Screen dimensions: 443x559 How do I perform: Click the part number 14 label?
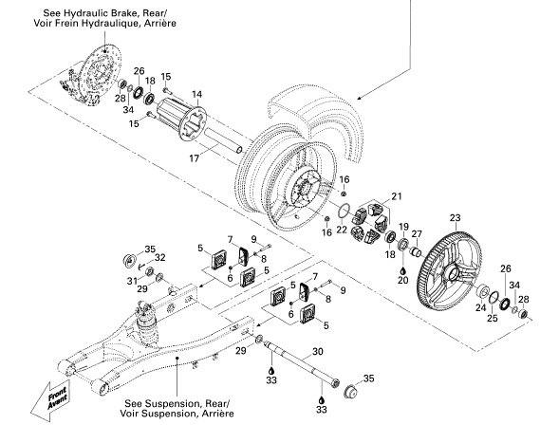pos(197,94)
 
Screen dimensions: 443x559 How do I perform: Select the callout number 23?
pos(455,216)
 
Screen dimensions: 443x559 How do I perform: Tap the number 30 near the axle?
pos(318,351)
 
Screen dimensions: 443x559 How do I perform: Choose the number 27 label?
pos(417,235)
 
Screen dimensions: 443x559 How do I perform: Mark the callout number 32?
pos(160,257)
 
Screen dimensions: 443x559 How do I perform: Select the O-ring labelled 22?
pos(346,210)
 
